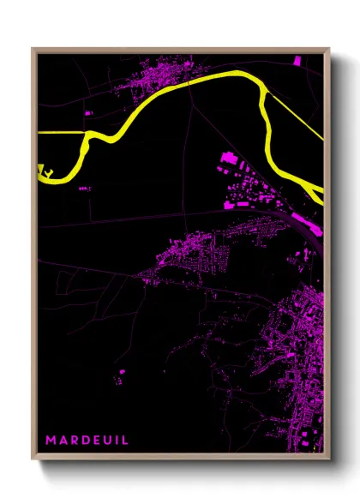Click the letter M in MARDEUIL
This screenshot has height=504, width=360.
51,440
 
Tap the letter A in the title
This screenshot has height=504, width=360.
63,440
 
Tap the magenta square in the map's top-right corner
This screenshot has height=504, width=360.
297,62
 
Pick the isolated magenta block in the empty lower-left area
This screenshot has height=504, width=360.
122,372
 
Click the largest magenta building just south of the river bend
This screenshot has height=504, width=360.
229,158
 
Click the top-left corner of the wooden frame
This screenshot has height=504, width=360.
33,48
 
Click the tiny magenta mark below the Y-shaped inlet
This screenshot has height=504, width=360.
83,188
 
